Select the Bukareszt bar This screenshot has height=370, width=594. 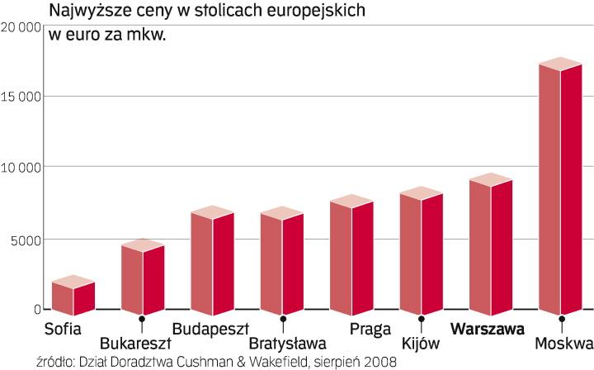coord(143,277)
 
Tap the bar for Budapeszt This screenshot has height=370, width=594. coord(212,259)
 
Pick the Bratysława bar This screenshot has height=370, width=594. coord(282,260)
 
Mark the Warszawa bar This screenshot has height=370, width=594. coord(491,244)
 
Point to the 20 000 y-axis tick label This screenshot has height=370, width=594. coord(22,26)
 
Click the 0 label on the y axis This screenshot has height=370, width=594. coord(37,310)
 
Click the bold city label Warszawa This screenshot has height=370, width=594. coord(488,329)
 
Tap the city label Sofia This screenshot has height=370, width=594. coord(64,329)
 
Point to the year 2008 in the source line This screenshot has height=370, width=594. coord(379,362)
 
